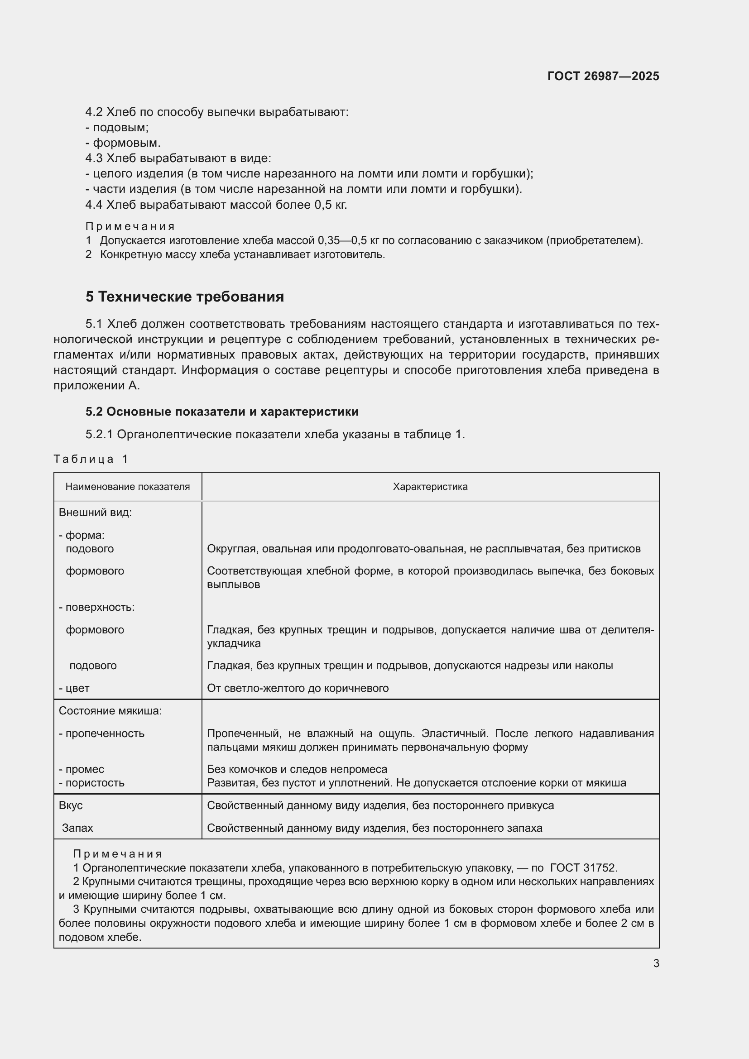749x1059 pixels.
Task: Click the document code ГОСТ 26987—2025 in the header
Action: [603, 76]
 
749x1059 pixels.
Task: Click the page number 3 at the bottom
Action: [656, 963]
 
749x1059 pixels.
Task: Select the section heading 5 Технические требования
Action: [184, 297]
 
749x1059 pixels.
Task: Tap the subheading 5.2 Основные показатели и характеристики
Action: [222, 412]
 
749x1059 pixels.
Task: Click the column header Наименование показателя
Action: [127, 487]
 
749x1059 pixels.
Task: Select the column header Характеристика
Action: [430, 487]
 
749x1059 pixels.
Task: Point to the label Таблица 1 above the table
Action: [91, 459]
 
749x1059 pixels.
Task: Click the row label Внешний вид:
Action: [95, 513]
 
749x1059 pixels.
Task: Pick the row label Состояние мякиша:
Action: [110, 711]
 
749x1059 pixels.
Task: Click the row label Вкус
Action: [71, 805]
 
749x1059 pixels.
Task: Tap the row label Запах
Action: [77, 828]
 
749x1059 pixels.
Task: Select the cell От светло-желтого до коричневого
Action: [298, 688]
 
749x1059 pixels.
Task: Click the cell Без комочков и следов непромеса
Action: [297, 769]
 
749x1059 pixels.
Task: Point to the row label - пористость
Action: [91, 783]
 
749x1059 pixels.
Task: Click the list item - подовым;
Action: [117, 127]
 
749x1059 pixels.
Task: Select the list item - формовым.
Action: [123, 143]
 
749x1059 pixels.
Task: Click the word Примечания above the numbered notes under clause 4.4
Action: [130, 226]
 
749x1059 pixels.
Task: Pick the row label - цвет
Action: [74, 688]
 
